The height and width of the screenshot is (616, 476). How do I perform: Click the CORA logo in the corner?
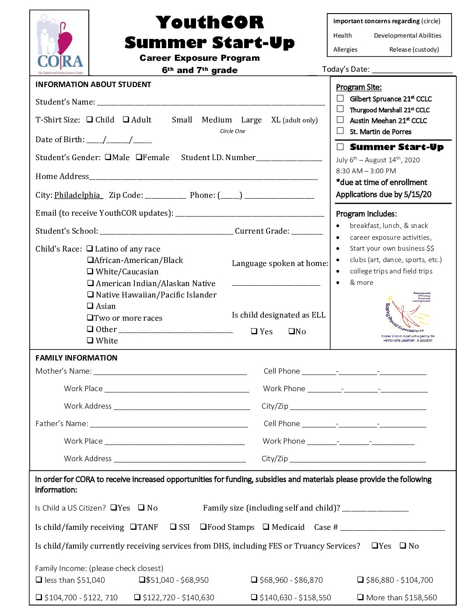59,43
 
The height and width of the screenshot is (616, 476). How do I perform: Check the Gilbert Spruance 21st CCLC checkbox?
340,98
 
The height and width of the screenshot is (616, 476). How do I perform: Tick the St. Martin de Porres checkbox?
340,131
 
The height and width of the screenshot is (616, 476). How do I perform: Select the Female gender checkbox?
139,157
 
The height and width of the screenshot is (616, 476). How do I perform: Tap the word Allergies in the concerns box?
345,49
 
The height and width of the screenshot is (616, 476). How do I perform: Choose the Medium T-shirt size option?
217,120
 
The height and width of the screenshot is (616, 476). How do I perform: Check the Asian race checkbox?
90,306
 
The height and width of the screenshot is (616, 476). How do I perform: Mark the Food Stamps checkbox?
203,527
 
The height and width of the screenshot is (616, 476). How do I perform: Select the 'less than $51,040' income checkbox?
39,580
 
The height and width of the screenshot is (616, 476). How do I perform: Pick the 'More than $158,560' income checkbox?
360,597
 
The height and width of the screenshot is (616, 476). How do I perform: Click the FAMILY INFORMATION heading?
76,358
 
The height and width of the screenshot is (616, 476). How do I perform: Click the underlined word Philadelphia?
77,195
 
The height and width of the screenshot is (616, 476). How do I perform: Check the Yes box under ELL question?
254,331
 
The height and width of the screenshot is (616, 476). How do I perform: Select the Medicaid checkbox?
266,527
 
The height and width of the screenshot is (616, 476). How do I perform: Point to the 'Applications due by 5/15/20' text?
384,194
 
